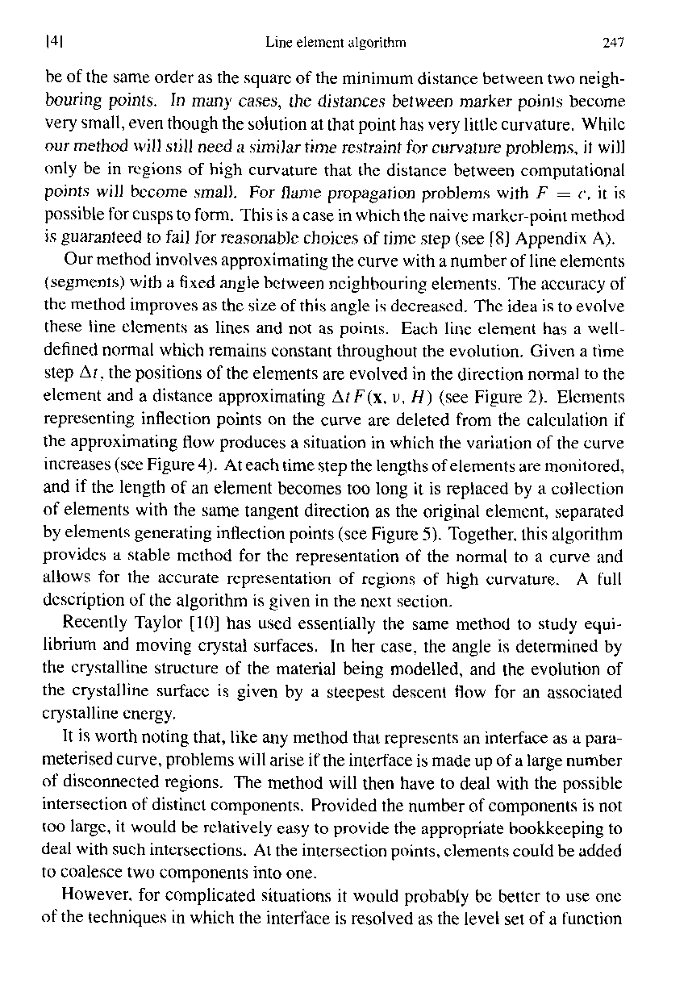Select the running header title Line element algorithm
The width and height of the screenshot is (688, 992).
(335, 42)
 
